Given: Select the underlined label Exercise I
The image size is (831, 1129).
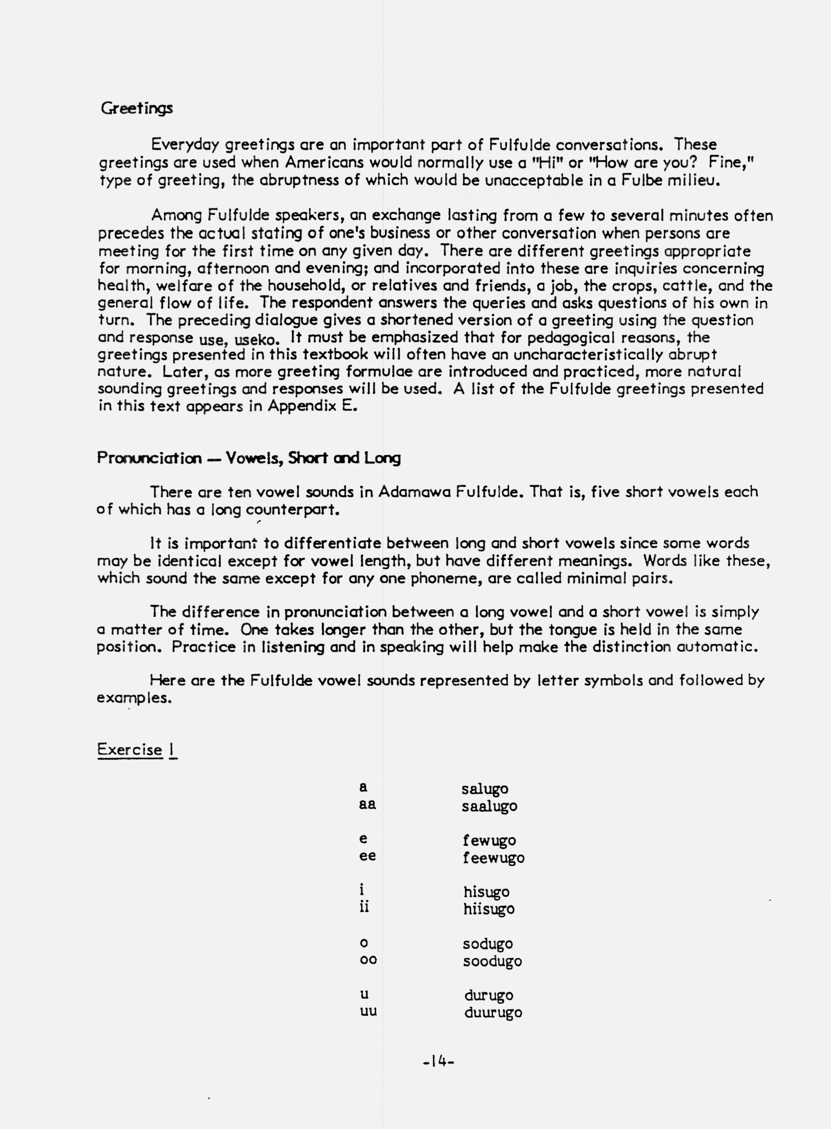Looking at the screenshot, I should click(137, 749).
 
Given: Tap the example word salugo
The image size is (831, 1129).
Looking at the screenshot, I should click(484, 789).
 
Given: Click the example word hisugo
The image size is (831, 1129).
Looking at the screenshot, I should click(486, 892).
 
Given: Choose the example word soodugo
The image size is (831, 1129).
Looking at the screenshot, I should click(492, 961).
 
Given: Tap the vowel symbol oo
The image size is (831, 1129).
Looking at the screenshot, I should click(368, 960).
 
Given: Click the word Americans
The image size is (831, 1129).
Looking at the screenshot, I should click(325, 162).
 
